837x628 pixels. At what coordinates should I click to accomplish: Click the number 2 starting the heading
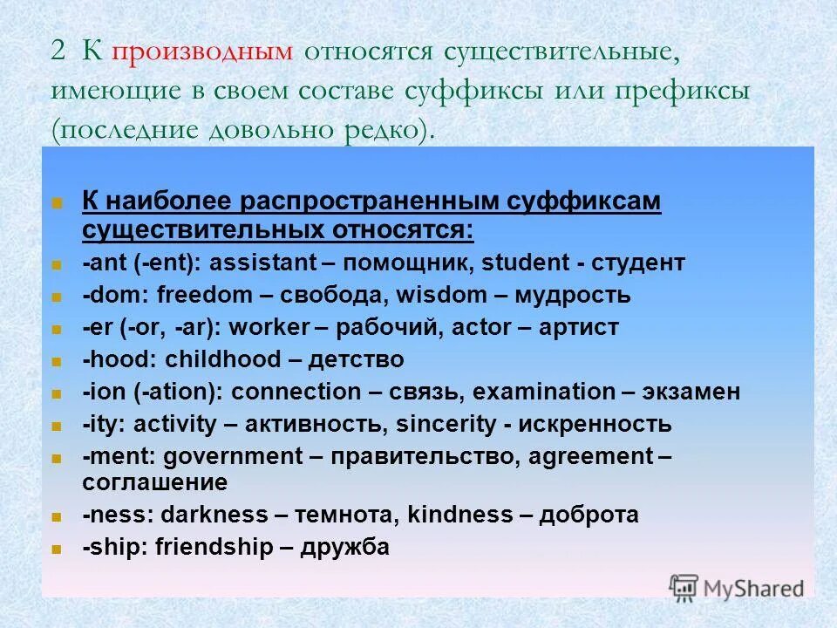(x=58, y=51)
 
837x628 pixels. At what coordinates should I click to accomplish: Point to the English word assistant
(x=270, y=263)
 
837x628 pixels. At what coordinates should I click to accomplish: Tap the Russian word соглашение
(x=155, y=482)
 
